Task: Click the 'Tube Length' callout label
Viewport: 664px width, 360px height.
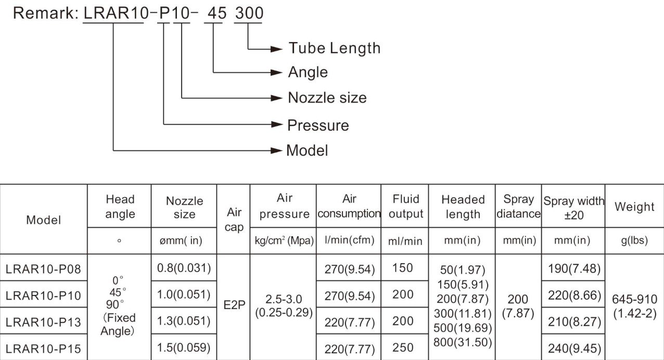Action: coord(335,48)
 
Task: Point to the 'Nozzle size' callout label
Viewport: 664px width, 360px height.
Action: coord(327,98)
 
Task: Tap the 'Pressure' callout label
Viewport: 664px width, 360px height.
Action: coord(318,125)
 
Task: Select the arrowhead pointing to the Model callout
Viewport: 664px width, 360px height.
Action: coord(276,151)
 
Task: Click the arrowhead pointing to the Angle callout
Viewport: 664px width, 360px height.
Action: coord(276,72)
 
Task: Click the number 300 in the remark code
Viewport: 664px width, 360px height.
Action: coord(249,13)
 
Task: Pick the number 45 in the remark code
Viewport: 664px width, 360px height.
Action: coord(217,13)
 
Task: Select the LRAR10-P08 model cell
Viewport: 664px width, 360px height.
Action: coord(43,269)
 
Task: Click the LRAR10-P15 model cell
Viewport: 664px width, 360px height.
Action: coord(43,349)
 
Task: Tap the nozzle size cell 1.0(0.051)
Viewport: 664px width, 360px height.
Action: coord(184,294)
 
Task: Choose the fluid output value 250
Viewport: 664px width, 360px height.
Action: coord(403,348)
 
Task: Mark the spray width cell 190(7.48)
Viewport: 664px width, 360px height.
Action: coord(574,268)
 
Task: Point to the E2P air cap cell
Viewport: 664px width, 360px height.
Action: coord(234,305)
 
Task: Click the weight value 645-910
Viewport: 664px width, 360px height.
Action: coord(635,299)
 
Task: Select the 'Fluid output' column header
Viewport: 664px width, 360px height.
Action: coord(406,207)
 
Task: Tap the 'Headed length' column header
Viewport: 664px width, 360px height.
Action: coord(463,207)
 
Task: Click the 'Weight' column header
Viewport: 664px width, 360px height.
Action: coord(634,207)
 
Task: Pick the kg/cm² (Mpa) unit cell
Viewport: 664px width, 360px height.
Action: coord(284,240)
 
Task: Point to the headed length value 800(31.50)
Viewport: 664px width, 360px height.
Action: coord(463,342)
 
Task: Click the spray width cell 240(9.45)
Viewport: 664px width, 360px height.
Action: coord(574,349)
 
